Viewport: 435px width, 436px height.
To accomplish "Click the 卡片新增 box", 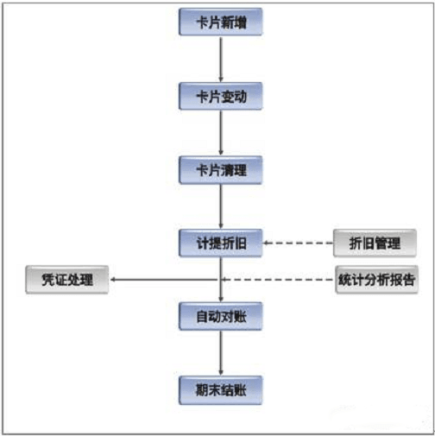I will [x=221, y=22].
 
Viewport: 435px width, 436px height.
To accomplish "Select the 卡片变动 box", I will [x=221, y=96].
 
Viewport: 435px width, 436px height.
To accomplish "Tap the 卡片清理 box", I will [x=221, y=169].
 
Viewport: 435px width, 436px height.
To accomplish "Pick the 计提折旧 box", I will [x=221, y=243].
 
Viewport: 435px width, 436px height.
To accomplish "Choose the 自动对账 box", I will [x=221, y=317].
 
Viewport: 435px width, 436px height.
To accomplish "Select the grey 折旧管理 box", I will [x=375, y=243].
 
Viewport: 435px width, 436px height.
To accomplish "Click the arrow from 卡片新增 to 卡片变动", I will [x=221, y=59].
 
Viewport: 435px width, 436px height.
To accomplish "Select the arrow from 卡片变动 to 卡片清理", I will [x=221, y=132].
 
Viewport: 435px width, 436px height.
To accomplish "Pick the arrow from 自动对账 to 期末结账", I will [x=221, y=352].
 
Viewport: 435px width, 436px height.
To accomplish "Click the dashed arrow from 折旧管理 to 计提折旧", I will [x=299, y=243].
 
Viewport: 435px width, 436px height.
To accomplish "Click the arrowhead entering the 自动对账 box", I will [x=221, y=298].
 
